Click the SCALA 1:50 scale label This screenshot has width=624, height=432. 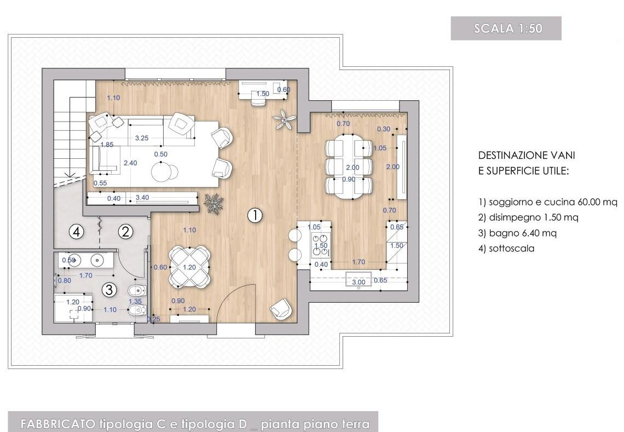tap(508, 28)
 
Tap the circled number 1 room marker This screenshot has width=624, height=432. tap(255, 215)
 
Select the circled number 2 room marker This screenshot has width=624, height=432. tap(126, 231)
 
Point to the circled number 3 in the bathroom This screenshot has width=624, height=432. tap(109, 290)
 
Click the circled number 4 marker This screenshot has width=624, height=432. tap(77, 231)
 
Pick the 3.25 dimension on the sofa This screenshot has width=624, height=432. tap(142, 138)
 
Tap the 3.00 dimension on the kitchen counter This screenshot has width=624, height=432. tap(359, 282)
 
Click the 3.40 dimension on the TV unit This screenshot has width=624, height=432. tap(142, 197)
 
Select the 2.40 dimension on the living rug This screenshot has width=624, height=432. tap(130, 163)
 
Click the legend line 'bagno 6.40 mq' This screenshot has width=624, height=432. tap(517, 233)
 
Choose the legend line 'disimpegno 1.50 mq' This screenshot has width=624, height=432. tap(528, 217)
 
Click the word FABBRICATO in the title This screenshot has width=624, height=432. tap(57, 424)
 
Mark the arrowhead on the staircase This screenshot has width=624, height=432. tap(70, 174)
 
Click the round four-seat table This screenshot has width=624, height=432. tap(189, 267)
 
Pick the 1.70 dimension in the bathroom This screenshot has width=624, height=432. tap(85, 275)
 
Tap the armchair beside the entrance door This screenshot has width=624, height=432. tap(281, 308)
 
